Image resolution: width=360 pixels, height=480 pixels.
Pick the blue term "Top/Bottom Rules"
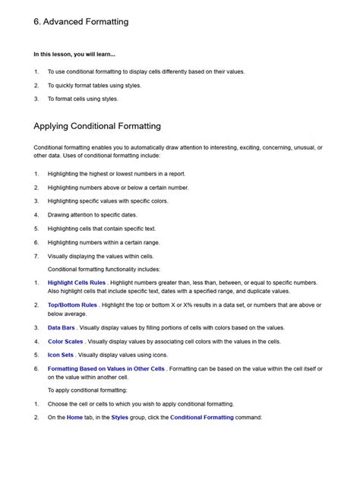click(x=73, y=305)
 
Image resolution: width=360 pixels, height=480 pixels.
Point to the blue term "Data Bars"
click(x=62, y=327)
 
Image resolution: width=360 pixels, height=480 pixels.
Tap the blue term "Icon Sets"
click(x=61, y=355)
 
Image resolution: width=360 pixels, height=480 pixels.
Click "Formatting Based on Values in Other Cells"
click(x=106, y=368)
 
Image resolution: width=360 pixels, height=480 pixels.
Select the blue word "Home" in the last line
click(x=74, y=418)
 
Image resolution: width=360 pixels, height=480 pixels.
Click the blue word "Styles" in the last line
click(x=119, y=418)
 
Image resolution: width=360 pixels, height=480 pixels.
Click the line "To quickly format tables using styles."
click(x=94, y=85)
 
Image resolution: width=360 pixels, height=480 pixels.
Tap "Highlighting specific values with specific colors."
click(x=118, y=201)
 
